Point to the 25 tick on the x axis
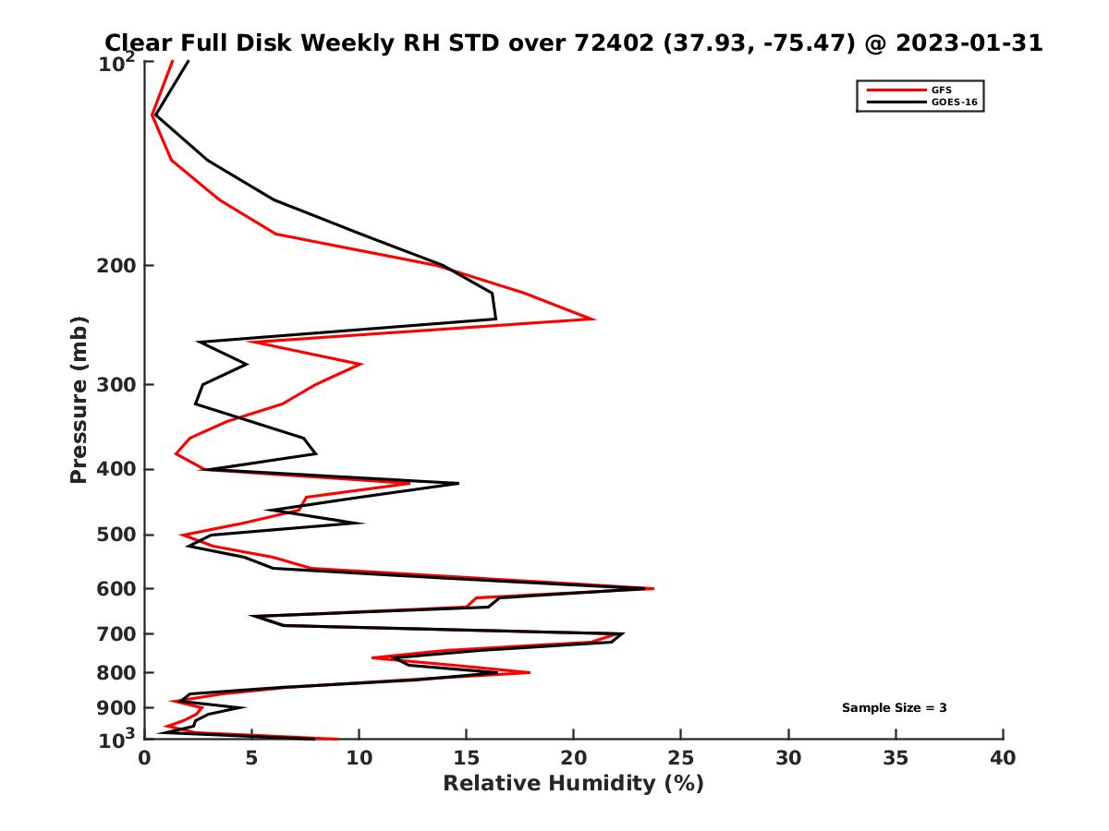coord(681,758)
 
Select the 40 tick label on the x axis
coord(1003,758)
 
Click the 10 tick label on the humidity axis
coord(359,758)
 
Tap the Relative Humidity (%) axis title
coord(573,784)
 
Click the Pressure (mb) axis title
coord(79,400)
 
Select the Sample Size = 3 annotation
coord(894,708)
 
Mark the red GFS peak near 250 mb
coord(594,319)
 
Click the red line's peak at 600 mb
coord(653,588)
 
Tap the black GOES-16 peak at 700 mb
coord(623,634)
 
